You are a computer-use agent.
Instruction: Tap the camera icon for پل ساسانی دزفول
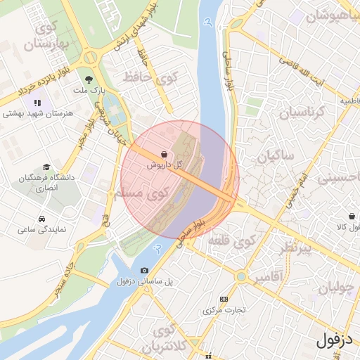(145, 271)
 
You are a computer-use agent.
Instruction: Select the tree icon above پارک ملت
(89, 79)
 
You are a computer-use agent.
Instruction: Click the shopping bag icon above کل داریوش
(164, 153)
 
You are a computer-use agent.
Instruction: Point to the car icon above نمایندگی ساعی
(43, 218)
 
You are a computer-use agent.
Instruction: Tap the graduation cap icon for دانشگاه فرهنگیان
(46, 167)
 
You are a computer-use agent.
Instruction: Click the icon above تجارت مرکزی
(224, 299)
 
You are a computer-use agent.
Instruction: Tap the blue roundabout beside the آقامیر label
(241, 277)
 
